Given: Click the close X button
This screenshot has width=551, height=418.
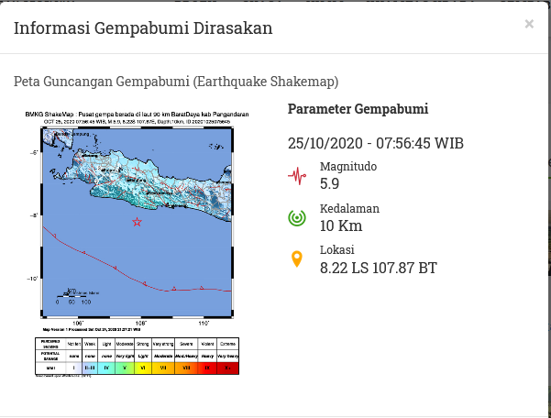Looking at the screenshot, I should pyautogui.click(x=529, y=24).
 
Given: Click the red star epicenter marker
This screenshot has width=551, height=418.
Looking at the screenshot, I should pyautogui.click(x=138, y=222).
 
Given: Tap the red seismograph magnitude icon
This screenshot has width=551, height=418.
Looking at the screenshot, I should pyautogui.click(x=296, y=175).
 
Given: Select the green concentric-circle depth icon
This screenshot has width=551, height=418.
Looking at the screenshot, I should pyautogui.click(x=296, y=217).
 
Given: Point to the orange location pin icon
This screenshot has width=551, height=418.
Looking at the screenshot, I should pyautogui.click(x=296, y=259).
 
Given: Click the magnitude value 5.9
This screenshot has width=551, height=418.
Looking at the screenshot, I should pyautogui.click(x=329, y=183).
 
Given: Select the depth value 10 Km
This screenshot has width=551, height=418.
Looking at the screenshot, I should pyautogui.click(x=340, y=225).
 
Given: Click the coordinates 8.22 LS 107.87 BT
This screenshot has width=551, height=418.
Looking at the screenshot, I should pyautogui.click(x=378, y=268).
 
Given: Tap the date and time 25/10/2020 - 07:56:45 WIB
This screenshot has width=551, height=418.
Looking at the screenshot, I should pyautogui.click(x=376, y=143).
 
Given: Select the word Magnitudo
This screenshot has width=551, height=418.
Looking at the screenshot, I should pyautogui.click(x=347, y=167).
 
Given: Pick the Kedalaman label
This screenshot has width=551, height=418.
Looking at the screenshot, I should pyautogui.click(x=349, y=209).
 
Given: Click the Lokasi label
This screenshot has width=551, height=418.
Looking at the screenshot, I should pyautogui.click(x=336, y=250).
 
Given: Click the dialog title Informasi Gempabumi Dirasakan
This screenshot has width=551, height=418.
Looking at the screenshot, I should pyautogui.click(x=143, y=28).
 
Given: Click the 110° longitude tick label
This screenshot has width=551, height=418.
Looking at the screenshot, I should pyautogui.click(x=204, y=323).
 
